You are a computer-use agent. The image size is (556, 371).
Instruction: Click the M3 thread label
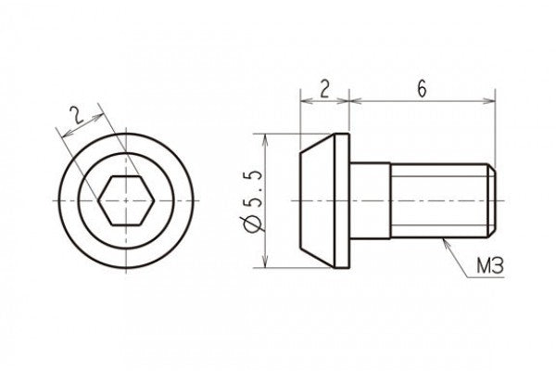click(492, 268)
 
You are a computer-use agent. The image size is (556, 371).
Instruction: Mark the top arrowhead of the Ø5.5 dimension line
click(266, 138)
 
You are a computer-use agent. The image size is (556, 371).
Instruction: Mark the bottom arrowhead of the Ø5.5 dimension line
click(266, 263)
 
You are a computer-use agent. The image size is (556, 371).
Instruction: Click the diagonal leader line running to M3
click(461, 257)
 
